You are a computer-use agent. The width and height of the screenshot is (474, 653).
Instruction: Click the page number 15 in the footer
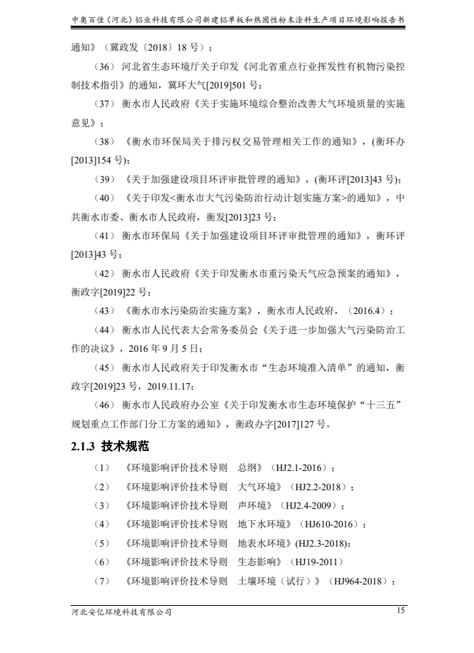pyautogui.click(x=400, y=610)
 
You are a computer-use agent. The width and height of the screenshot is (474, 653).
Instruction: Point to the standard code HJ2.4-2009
pyautogui.click(x=311, y=506)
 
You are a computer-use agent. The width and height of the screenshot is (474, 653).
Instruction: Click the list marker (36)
pyautogui.click(x=104, y=66)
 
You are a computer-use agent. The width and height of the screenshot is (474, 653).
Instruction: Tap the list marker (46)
pyautogui.click(x=104, y=405)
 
